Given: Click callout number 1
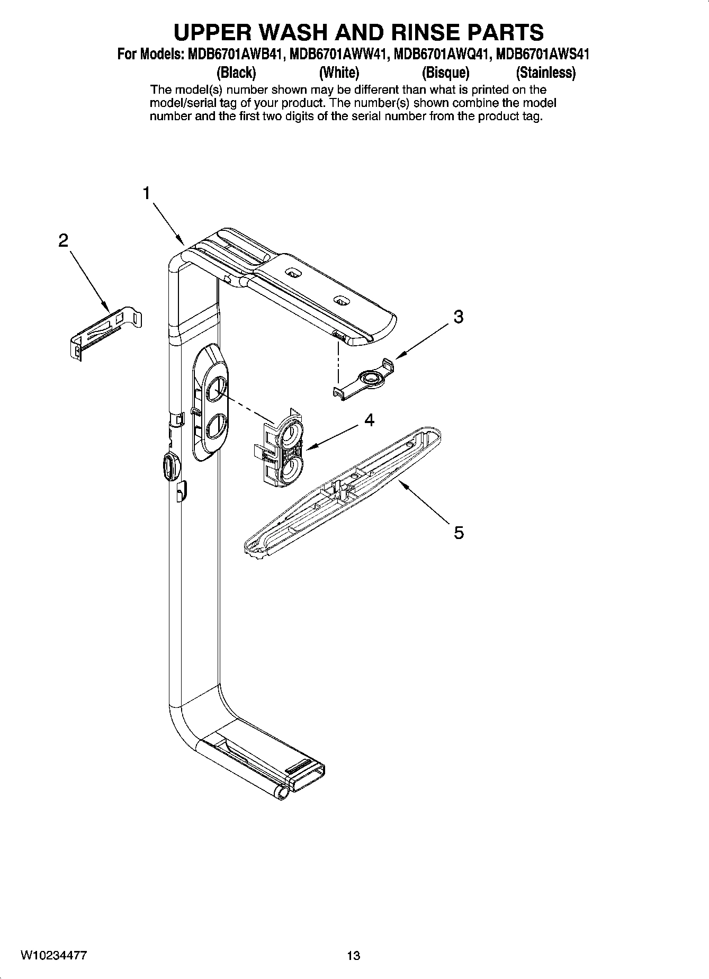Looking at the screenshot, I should (147, 193).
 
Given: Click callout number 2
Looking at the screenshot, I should (63, 241).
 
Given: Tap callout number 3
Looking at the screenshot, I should (459, 317).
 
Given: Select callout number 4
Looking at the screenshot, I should (370, 420).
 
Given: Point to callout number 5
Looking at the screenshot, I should (459, 532).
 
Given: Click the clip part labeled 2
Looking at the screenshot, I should (106, 331).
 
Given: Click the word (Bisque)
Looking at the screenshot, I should (445, 72).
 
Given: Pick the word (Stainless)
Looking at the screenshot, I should (546, 72).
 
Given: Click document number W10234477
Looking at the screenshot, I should (54, 956).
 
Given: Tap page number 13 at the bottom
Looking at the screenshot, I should (353, 956).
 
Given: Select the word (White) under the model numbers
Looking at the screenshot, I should (339, 72).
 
